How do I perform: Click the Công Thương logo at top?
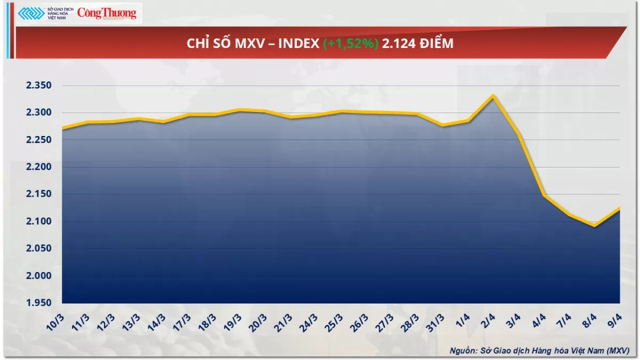(107, 13)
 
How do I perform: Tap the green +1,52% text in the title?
(350, 44)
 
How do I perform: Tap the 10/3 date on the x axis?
(55, 322)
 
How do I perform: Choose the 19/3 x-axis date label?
(235, 322)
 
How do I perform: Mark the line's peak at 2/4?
(493, 96)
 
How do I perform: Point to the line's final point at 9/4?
(619, 208)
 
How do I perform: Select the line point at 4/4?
(544, 195)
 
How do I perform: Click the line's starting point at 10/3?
(62, 129)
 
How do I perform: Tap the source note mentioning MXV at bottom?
(539, 350)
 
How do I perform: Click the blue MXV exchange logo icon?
(30, 13)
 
